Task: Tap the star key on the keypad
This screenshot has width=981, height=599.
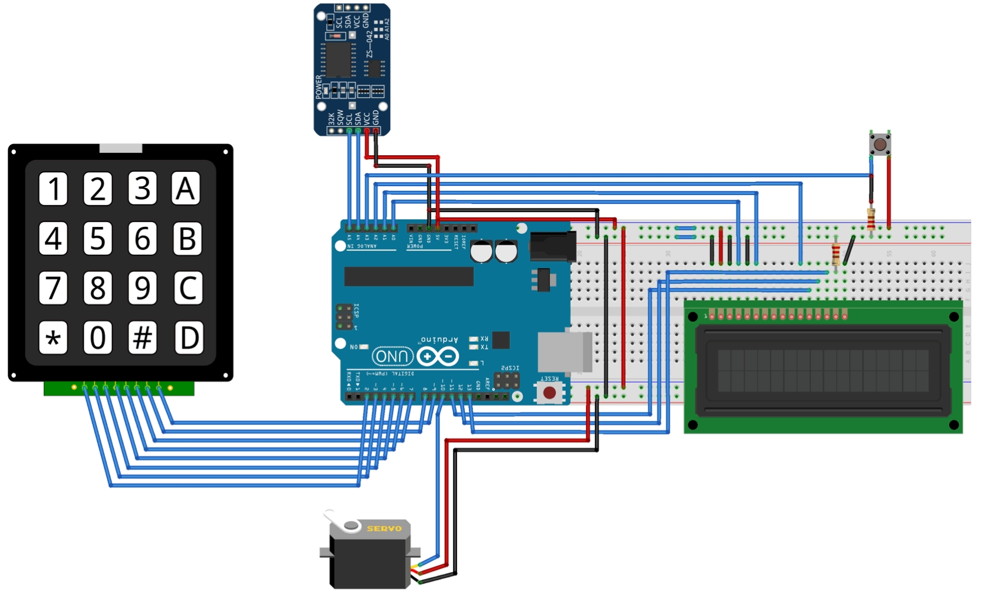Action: [53, 338]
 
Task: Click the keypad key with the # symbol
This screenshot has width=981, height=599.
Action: [143, 338]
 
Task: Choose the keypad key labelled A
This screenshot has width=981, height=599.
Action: [186, 189]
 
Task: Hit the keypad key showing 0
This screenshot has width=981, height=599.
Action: [98, 338]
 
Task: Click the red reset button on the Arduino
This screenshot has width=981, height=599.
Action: [549, 392]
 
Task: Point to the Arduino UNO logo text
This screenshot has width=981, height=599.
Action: [392, 356]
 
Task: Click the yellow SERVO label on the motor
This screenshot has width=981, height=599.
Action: [384, 528]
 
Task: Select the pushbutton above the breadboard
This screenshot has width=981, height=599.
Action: [880, 144]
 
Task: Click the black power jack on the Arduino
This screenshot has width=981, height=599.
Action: [553, 246]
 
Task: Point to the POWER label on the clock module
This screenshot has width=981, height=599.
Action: [319, 87]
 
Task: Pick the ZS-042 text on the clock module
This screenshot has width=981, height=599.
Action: [369, 44]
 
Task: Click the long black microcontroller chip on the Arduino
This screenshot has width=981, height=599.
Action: [409, 276]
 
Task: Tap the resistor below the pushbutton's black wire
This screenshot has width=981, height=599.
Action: [871, 218]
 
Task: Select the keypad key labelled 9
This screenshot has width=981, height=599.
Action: [143, 288]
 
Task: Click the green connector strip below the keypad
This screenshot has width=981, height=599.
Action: [118, 388]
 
